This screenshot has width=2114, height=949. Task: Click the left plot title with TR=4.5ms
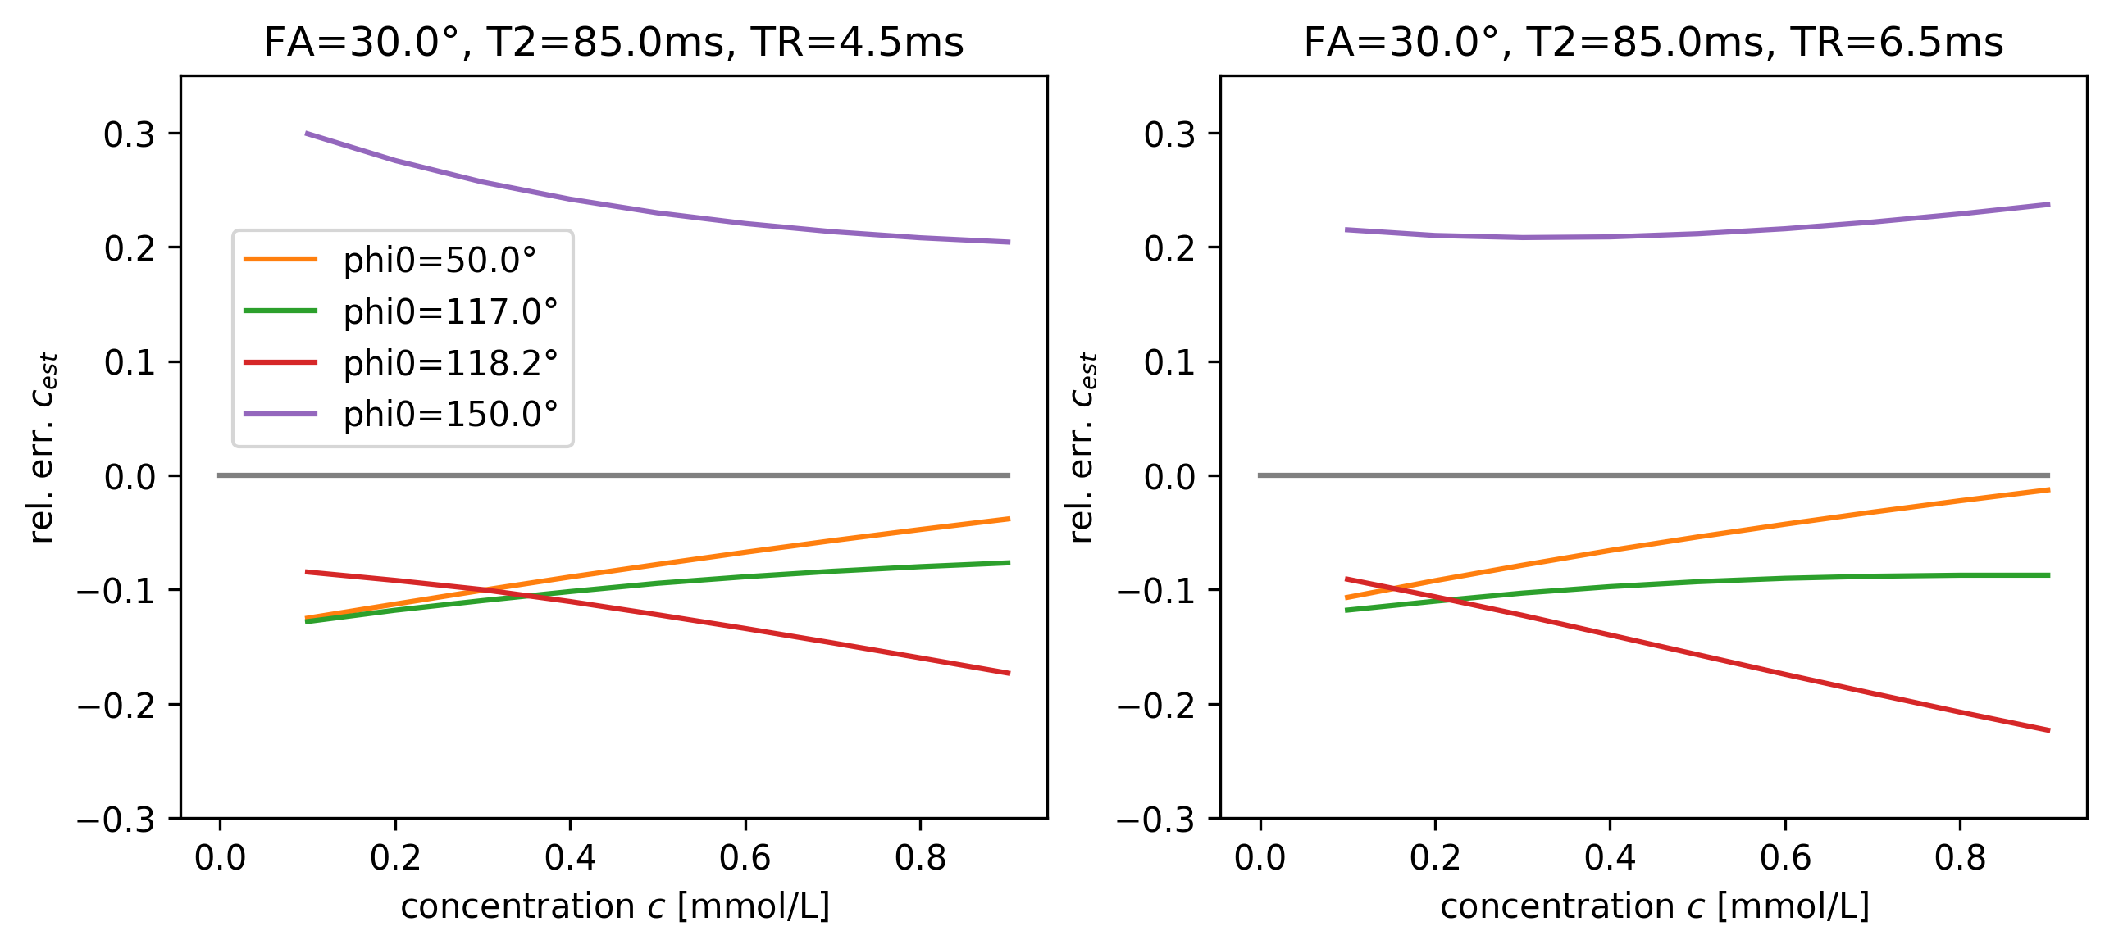click(x=613, y=42)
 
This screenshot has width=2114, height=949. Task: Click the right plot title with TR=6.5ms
click(x=1653, y=42)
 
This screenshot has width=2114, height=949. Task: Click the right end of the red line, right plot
click(x=2048, y=730)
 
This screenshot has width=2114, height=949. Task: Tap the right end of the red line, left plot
click(x=1009, y=674)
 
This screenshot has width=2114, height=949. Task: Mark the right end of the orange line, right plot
click(x=2048, y=490)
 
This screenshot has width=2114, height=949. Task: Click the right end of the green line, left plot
click(x=1009, y=563)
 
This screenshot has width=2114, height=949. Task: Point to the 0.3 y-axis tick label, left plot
click(x=130, y=134)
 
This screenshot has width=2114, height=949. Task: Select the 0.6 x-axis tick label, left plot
click(x=745, y=858)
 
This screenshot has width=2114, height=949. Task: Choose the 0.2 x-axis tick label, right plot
click(x=1434, y=858)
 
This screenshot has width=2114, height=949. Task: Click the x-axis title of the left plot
click(x=615, y=906)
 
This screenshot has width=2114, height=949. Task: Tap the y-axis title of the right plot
click(x=1082, y=447)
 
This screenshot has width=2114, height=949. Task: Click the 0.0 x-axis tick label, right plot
click(x=1260, y=858)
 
